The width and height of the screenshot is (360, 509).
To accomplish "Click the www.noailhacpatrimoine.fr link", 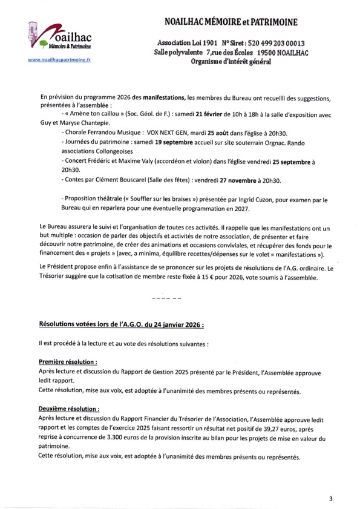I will (x=57, y=61).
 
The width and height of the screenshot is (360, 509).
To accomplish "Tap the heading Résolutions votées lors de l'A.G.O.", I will (x=121, y=324).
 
